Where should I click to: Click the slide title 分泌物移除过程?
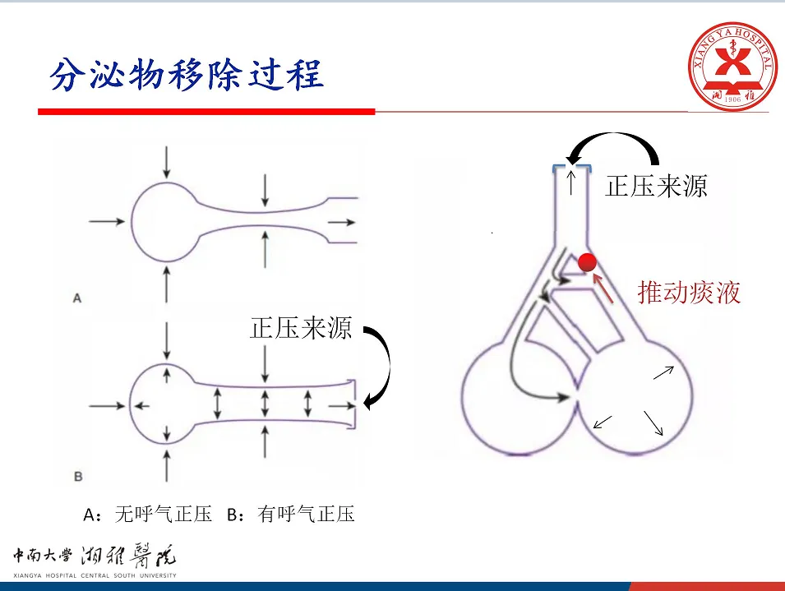tap(187, 75)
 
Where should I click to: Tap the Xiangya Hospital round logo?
tap(731, 66)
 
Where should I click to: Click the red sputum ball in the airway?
tap(587, 262)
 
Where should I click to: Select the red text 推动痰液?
tap(690, 292)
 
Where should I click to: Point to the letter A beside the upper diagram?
tap(77, 298)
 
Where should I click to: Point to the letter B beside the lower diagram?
tap(77, 476)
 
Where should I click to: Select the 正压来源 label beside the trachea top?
tap(656, 187)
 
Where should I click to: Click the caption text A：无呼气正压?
tap(149, 515)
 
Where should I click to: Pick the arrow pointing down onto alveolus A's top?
tap(167, 162)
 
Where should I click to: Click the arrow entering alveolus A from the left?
tap(106, 222)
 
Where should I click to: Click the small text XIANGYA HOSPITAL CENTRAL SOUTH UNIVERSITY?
tap(94, 575)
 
